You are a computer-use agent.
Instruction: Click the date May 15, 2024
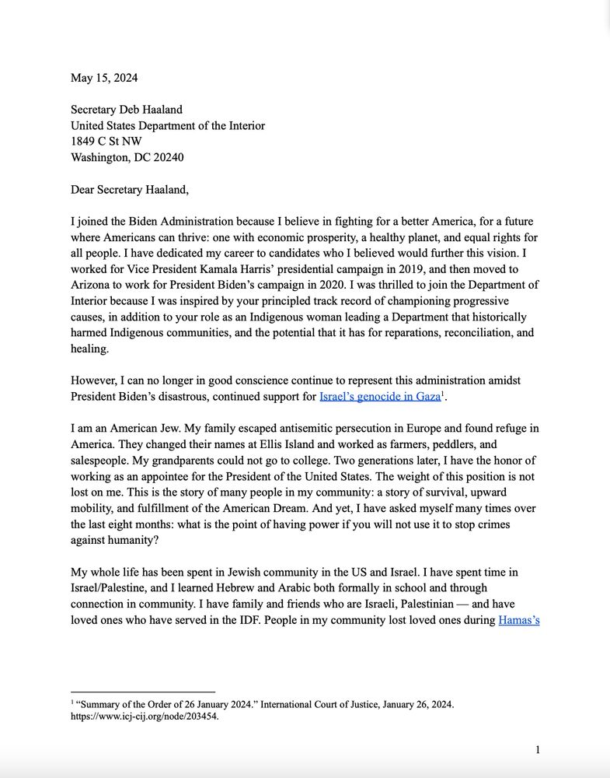104,78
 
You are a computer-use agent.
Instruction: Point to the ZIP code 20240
167,157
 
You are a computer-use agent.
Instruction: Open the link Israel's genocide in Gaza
379,397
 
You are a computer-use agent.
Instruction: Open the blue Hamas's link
518,621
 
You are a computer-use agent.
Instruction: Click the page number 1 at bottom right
537,750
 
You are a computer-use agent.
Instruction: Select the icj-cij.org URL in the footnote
145,717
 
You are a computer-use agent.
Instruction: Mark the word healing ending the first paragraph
90,349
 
